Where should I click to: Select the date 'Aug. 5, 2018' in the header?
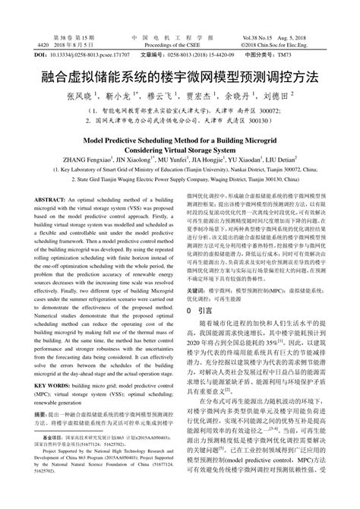313,37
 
